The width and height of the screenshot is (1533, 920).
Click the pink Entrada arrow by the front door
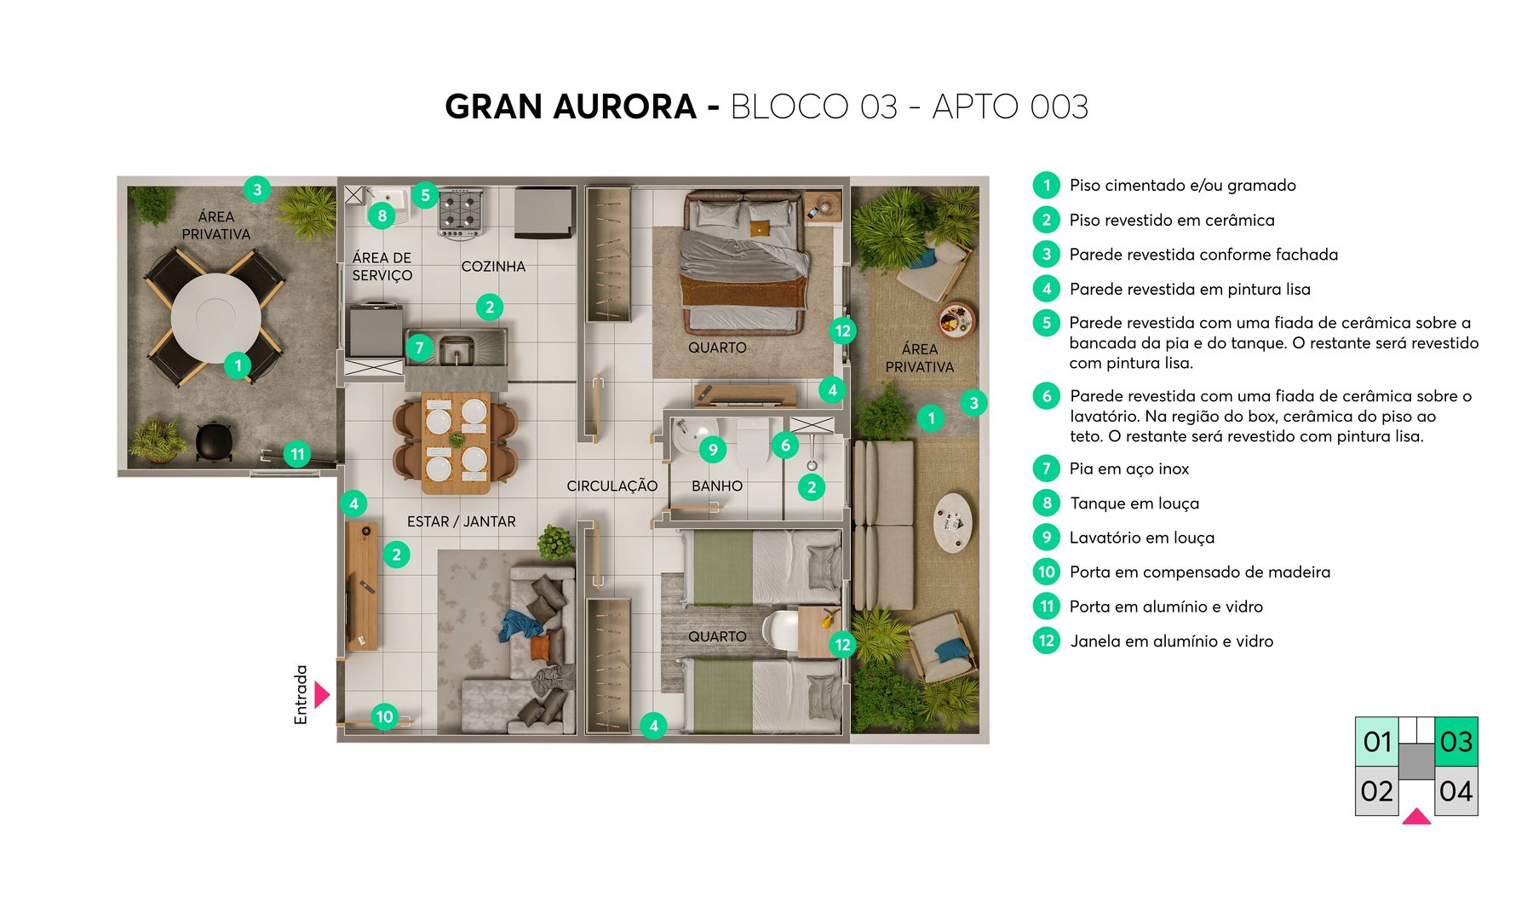click(321, 694)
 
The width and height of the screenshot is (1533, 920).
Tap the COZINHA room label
click(493, 267)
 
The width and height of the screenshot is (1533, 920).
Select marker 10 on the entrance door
click(384, 716)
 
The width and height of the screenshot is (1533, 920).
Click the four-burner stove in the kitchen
click(461, 213)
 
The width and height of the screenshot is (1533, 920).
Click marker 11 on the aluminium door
click(297, 454)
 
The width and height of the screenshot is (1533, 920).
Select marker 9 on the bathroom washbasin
click(713, 449)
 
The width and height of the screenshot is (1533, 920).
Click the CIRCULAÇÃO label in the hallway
click(611, 486)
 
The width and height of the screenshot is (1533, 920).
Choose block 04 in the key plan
click(1455, 791)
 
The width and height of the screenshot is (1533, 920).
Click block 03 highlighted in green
click(1455, 741)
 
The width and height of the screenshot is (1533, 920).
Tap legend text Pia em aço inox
click(1128, 469)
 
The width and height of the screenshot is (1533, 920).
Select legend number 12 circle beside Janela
click(1047, 641)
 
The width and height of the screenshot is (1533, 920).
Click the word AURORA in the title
click(624, 107)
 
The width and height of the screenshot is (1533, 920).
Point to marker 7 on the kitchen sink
click(419, 348)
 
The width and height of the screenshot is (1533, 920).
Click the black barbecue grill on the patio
click(214, 441)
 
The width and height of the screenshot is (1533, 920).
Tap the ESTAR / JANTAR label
click(461, 521)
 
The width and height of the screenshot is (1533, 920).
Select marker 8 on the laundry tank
click(382, 216)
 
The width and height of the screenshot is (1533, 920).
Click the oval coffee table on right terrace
click(952, 521)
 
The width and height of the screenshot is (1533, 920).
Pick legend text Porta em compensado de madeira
click(1199, 572)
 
